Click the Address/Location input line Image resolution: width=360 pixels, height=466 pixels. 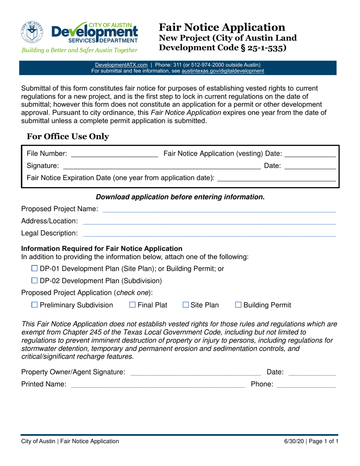click(x=209, y=221)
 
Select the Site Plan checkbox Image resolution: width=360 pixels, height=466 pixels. click(x=186, y=305)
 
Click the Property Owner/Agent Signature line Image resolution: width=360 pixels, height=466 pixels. click(x=195, y=372)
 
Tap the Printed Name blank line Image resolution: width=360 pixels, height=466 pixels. click(x=158, y=385)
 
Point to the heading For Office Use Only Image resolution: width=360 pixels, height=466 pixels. click(x=68, y=137)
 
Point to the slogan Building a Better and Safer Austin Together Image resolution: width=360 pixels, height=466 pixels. click(x=79, y=50)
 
